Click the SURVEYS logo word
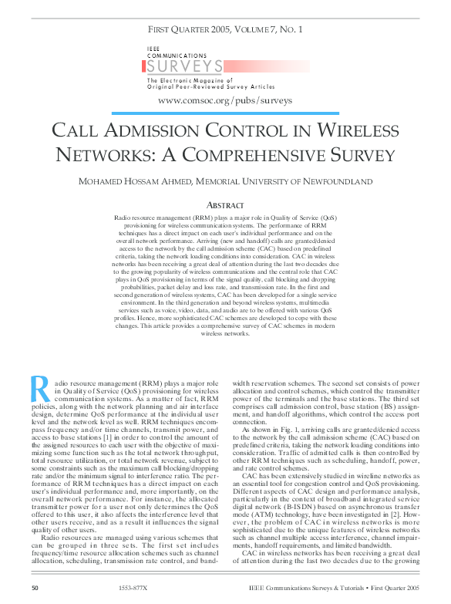coord(185,66)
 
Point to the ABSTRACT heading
coord(225,204)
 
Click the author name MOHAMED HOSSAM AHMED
coord(134,181)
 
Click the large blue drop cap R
coord(39,388)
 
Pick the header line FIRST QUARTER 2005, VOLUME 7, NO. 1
coord(225,30)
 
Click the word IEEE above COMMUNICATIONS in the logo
coord(154,49)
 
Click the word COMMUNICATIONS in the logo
coord(177,56)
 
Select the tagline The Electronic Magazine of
coord(183,80)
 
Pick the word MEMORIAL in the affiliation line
coord(225,181)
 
